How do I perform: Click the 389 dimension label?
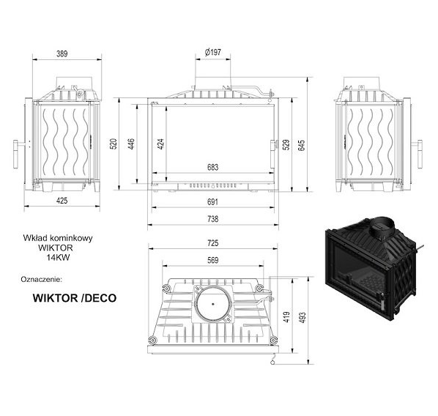coord(62,53)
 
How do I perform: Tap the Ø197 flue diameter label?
coord(213,52)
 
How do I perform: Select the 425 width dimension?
coord(62,201)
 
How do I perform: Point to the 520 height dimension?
coord(114,144)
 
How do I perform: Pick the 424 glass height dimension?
coord(160,144)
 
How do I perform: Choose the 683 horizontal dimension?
coord(213,167)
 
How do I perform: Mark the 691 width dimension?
coord(213,201)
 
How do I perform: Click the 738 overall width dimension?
coord(213,219)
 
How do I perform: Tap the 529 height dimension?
coord(286,144)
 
